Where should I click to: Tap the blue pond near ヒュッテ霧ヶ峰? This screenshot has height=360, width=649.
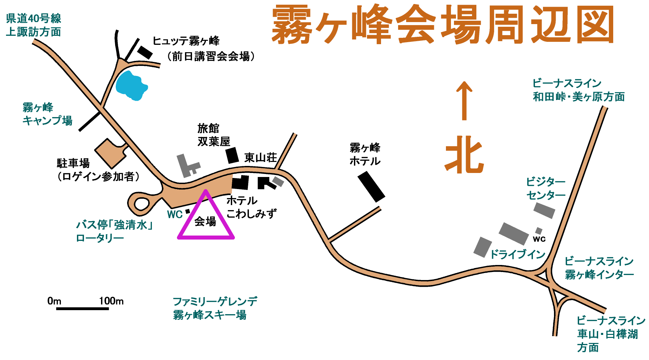[x=131, y=86]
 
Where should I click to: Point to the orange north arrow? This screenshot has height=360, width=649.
[x=464, y=100]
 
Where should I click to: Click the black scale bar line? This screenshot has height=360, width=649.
[x=83, y=308]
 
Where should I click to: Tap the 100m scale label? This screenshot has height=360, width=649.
[x=111, y=301]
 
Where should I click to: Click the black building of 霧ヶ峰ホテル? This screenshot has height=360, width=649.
[x=371, y=187]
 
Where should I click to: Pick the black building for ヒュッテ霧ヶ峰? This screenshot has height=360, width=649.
[x=145, y=52]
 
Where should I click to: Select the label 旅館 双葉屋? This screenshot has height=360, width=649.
[x=214, y=135]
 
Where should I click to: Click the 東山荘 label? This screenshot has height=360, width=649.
[x=261, y=157]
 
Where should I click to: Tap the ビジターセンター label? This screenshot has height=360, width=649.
[x=546, y=188]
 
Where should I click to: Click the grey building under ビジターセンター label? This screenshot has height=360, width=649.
[x=544, y=210]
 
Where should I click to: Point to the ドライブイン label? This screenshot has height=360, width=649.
[x=518, y=254]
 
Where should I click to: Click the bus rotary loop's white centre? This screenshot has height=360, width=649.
[x=142, y=204]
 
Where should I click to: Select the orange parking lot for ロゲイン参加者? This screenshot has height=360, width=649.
[x=111, y=153]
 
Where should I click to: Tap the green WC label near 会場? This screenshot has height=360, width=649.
[x=175, y=214]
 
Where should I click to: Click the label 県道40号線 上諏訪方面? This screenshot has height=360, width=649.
[x=34, y=25]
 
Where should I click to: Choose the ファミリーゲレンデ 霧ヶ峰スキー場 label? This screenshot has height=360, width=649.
[x=215, y=308]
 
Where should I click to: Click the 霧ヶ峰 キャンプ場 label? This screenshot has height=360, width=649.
[x=47, y=114]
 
